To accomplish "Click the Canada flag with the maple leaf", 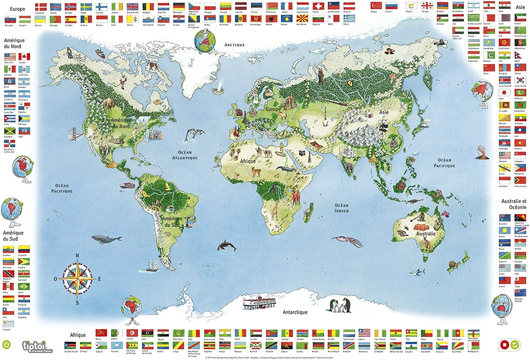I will click(24, 57).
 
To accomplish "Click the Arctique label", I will click(234, 45).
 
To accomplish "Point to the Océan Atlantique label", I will click(185, 155).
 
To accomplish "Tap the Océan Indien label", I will click(341, 208).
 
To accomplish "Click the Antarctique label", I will click(295, 312).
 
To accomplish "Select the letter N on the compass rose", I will click(77, 255).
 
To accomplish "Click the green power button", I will click(6, 344).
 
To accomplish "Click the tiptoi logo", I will click(34, 346).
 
